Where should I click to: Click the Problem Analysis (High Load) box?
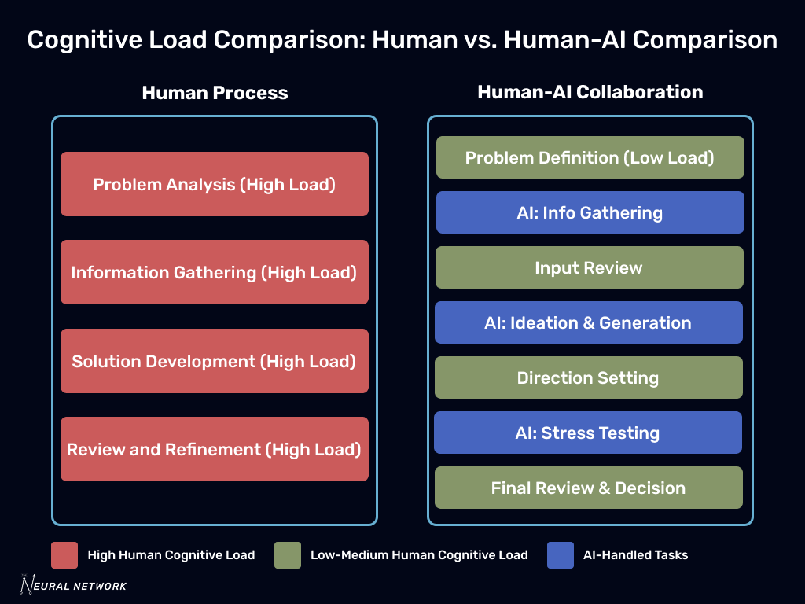[x=215, y=184]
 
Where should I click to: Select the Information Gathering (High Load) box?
[x=215, y=272]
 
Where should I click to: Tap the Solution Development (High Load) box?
[x=215, y=361]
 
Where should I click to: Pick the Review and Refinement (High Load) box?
[x=215, y=449]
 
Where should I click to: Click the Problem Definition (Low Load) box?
[x=590, y=157]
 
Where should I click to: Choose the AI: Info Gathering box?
[x=590, y=212]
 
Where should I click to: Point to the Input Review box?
[x=589, y=267]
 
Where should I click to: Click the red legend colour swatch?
[x=64, y=554]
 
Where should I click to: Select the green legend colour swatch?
[x=288, y=554]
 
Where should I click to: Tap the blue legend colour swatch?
[x=560, y=554]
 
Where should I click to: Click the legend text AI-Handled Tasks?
[x=635, y=554]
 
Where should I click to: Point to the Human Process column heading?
[x=215, y=93]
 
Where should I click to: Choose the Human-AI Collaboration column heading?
[x=590, y=92]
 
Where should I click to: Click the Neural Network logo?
[x=73, y=584]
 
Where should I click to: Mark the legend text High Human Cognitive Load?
[x=171, y=554]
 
